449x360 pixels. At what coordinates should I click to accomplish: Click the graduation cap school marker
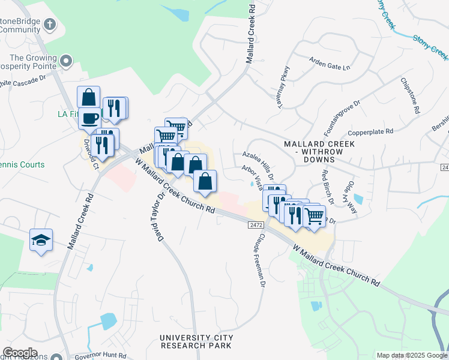point(41,240)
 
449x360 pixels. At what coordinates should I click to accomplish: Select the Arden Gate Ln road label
point(330,64)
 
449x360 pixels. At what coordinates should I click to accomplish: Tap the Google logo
point(20,353)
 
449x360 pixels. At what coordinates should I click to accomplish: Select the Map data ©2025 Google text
point(411,355)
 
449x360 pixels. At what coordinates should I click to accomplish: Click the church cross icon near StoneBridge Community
point(50,25)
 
